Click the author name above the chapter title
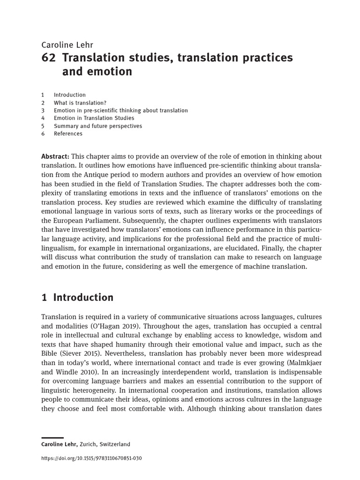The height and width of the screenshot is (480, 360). pos(67,45)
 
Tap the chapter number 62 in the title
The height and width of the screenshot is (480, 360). pos(49,58)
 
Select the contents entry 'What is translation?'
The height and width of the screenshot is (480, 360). pos(80,103)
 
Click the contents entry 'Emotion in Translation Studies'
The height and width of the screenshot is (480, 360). pos(94,118)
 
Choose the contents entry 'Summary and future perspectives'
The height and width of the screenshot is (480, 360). pos(97,126)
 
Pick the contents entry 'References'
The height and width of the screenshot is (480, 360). pos(68,134)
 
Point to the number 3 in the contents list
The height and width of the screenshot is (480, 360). pos(43,111)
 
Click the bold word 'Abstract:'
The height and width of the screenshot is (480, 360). pos(55,156)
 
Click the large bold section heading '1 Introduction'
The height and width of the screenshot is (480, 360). pos(77,298)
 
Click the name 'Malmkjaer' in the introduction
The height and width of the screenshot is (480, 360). pos(306,363)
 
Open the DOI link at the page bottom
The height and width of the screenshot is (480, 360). pos(91,458)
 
